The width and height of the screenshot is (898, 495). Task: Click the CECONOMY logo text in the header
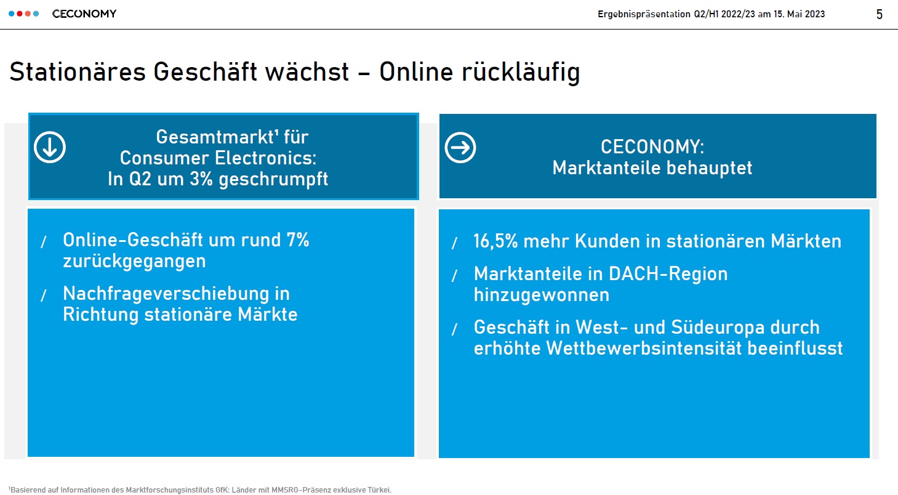(x=84, y=14)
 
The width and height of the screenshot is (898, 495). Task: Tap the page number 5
(x=880, y=14)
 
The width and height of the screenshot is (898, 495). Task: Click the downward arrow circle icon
(x=50, y=147)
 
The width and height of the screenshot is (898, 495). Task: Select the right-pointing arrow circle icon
(x=460, y=148)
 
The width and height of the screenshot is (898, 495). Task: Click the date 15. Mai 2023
(x=799, y=14)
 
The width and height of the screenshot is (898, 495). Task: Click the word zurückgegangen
(x=134, y=261)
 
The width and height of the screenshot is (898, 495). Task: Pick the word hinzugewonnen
(x=542, y=295)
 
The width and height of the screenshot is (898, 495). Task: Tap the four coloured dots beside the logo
(x=24, y=14)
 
